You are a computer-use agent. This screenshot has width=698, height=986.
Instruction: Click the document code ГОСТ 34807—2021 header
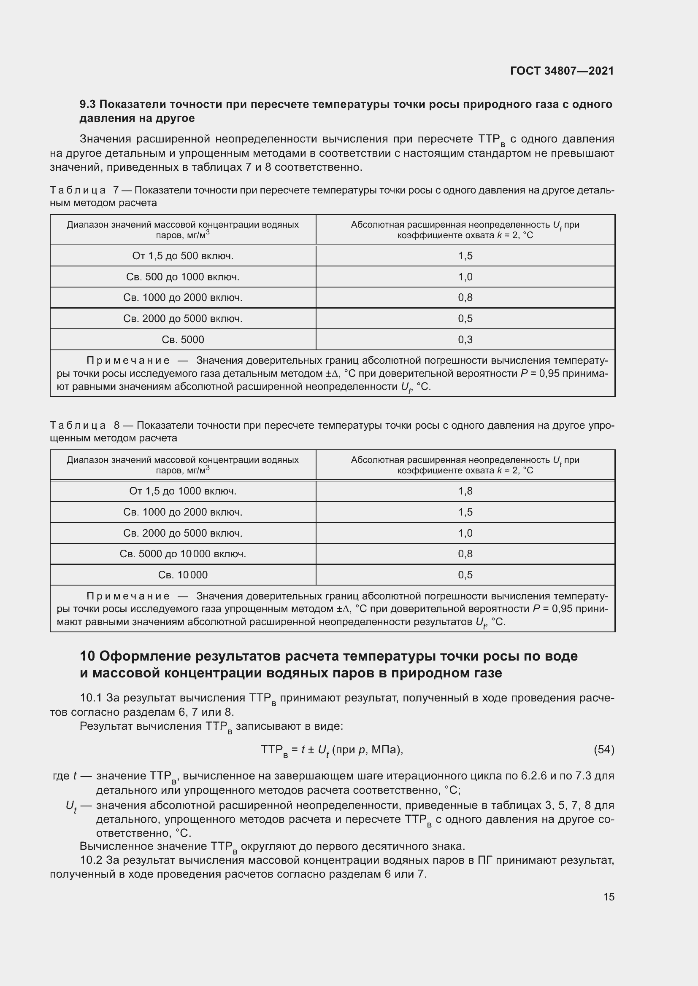pos(562,71)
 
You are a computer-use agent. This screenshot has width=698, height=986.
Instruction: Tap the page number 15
pos(609,897)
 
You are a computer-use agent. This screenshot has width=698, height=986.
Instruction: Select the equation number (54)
pos(604,750)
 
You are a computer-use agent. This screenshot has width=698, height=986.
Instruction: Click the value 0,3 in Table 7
pos(465,340)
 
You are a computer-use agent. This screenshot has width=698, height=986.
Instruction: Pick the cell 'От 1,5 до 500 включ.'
pos(183,256)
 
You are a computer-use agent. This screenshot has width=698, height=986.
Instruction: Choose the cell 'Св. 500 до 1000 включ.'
pos(183,277)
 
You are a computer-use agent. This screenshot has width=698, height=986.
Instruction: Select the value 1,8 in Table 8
pos(465,491)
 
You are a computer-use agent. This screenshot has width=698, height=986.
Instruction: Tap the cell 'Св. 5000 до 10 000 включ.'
pos(183,554)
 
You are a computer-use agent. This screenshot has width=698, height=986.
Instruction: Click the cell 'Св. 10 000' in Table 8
pos(183,575)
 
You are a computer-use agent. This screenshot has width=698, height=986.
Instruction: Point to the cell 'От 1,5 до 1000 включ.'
pos(183,491)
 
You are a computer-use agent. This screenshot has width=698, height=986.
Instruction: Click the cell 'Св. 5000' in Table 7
pos(183,340)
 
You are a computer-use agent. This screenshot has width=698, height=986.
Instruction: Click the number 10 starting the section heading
pos(87,656)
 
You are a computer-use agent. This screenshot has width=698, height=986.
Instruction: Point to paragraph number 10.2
pos(91,860)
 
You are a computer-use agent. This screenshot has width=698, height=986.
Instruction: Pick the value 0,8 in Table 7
pos(465,298)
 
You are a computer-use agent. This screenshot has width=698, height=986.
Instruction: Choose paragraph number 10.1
pos(91,698)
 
